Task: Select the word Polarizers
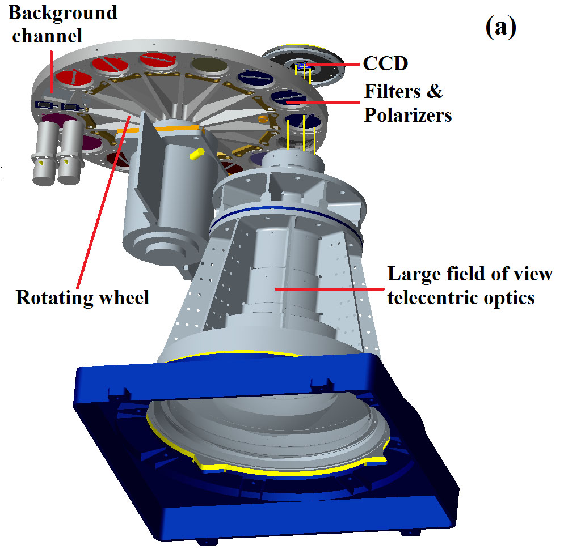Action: (408, 115)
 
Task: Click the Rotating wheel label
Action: (82, 297)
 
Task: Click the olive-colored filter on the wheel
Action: (206, 67)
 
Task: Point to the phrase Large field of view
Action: (470, 274)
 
